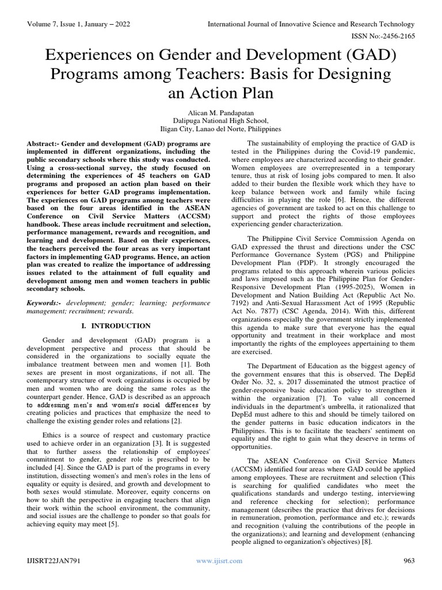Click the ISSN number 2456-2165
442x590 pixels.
[390, 36]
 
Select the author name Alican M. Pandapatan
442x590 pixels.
[220, 111]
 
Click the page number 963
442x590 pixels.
[409, 561]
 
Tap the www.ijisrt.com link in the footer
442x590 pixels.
[219, 561]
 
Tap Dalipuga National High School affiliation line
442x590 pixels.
[220, 120]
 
